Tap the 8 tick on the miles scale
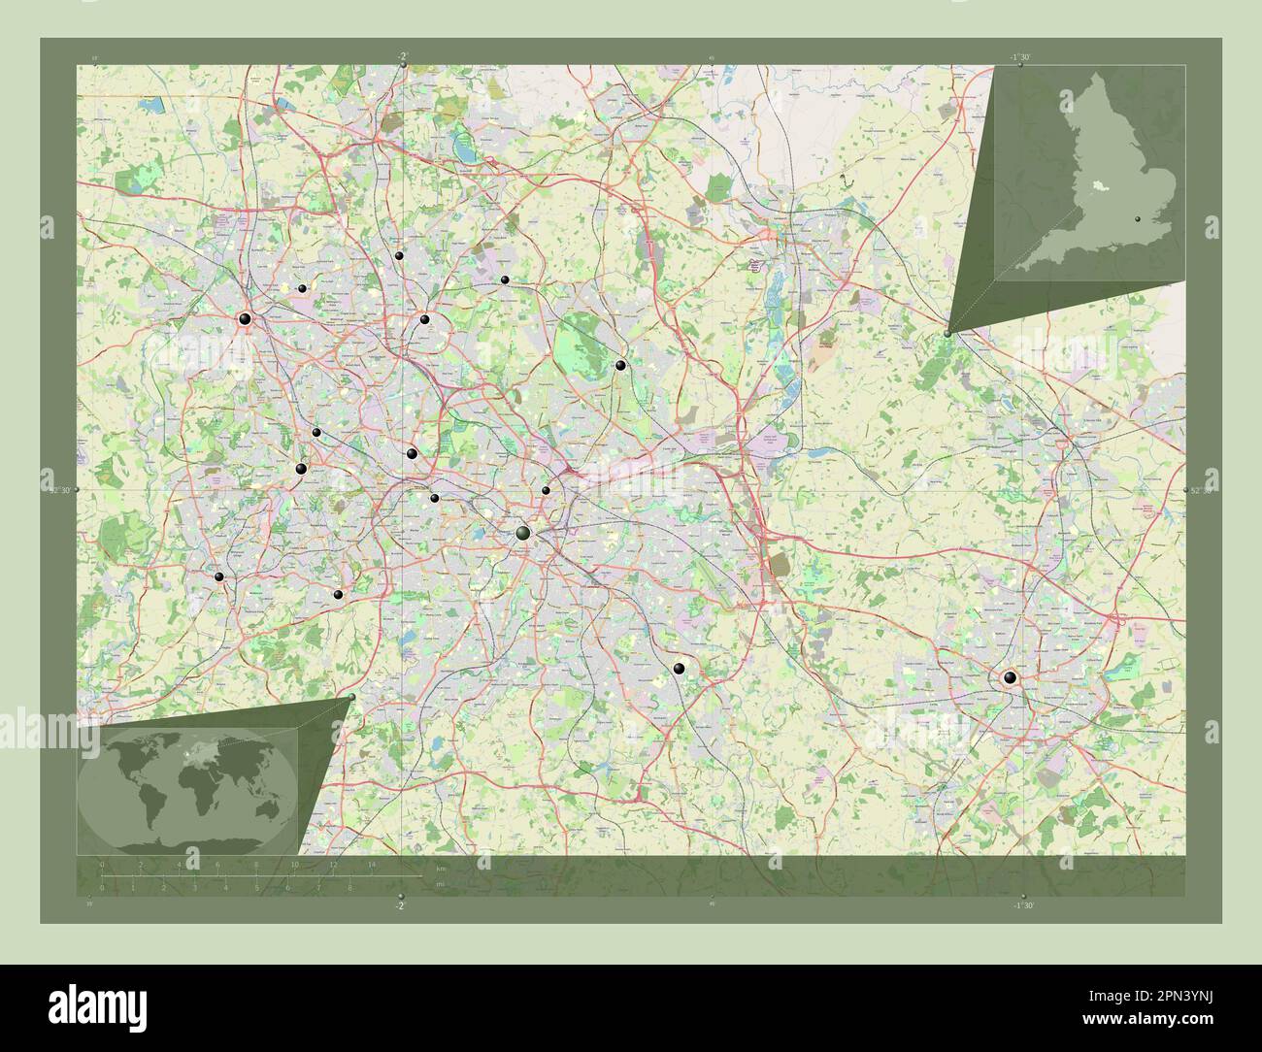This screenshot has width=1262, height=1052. pyautogui.click(x=349, y=887)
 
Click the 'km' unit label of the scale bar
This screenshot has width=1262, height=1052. pyautogui.click(x=440, y=868)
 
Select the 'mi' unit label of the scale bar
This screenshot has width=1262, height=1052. pyautogui.click(x=439, y=885)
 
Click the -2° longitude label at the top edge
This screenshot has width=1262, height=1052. pyautogui.click(x=402, y=56)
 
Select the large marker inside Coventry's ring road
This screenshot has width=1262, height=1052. pyautogui.click(x=1010, y=678)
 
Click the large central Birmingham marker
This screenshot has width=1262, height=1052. pyautogui.click(x=523, y=534)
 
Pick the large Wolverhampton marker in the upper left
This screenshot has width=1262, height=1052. pyautogui.click(x=245, y=318)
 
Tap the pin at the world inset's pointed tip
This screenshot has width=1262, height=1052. pyautogui.click(x=351, y=697)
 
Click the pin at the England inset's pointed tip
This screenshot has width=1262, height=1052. pyautogui.click(x=947, y=333)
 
